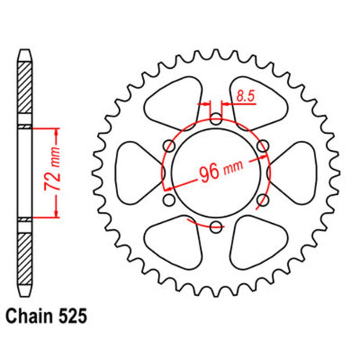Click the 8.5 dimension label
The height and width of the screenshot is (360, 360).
245,96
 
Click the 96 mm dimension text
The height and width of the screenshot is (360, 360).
221,171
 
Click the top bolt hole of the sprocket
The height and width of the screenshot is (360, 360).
216,119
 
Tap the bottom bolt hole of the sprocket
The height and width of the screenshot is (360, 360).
216,226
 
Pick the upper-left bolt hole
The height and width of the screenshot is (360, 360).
170,146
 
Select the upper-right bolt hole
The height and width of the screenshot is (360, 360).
262,146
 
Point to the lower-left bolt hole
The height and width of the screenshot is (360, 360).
170,200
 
